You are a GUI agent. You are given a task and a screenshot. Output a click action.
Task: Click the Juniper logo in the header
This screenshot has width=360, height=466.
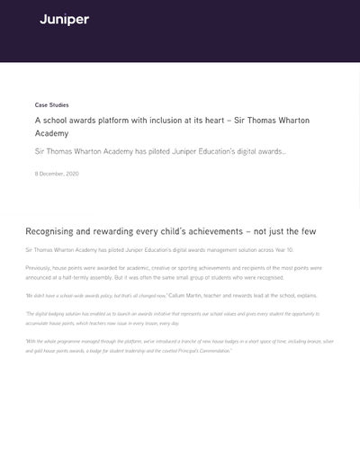click(x=64, y=20)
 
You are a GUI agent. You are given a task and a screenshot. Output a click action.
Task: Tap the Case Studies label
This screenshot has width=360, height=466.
click(x=51, y=105)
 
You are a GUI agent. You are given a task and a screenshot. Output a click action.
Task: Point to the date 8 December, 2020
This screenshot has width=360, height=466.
click(x=57, y=174)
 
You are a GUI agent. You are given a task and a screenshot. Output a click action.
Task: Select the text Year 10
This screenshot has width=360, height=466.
click(x=284, y=249)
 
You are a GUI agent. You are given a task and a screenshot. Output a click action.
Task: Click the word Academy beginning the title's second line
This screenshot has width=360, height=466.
click(x=51, y=133)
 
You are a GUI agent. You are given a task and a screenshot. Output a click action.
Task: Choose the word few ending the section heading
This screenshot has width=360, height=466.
click(x=309, y=231)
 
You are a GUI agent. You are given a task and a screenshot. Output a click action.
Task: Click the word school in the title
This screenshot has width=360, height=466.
click(x=55, y=120)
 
